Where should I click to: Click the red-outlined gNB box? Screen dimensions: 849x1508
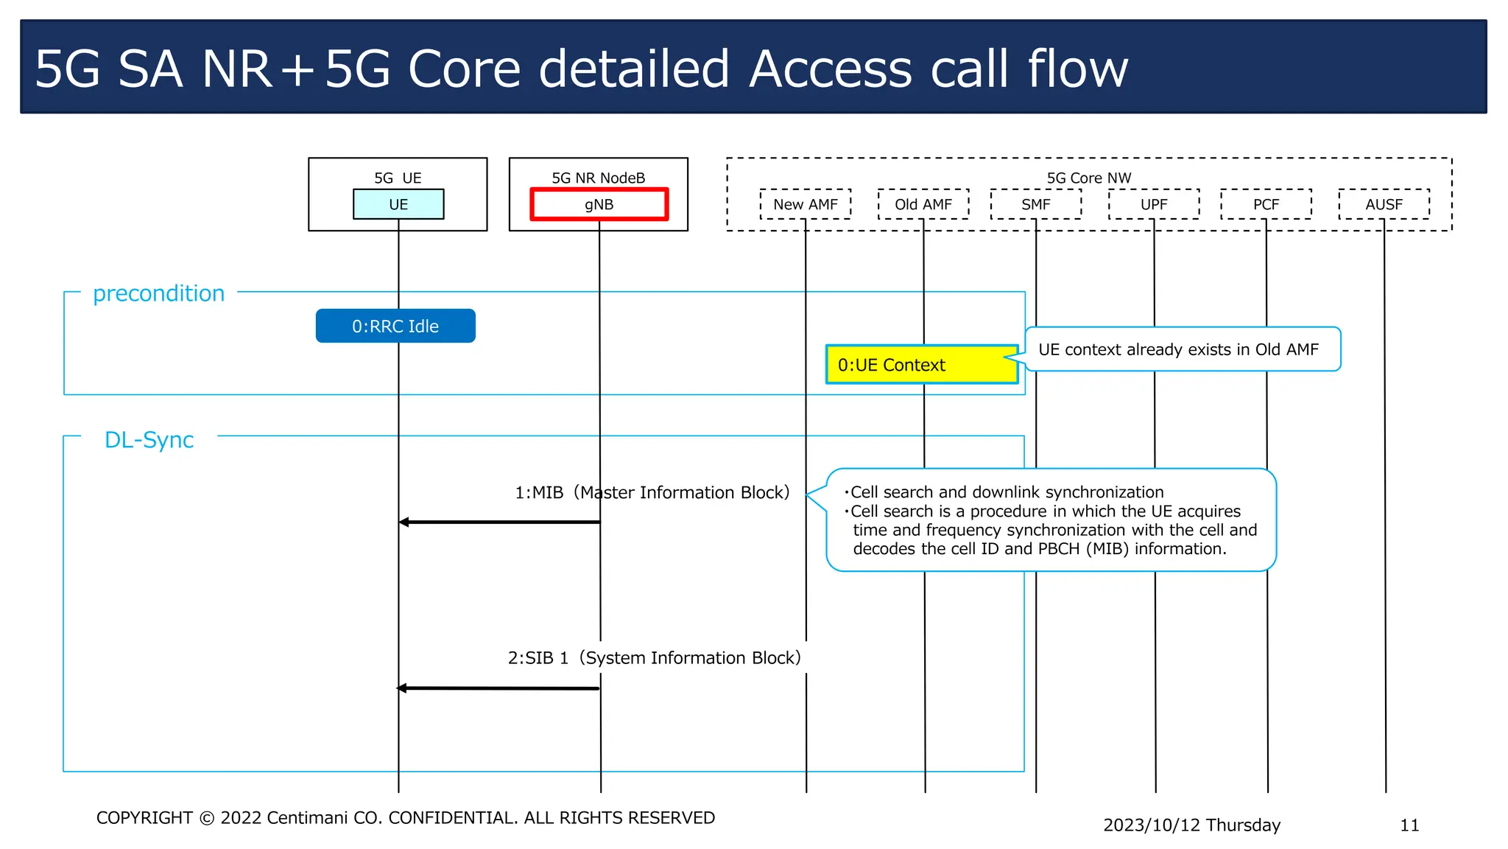pos(599,204)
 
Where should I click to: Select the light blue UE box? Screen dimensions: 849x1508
pos(398,204)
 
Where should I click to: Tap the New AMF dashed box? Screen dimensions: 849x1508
pos(805,204)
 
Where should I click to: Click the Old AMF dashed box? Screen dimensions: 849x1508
pos(923,204)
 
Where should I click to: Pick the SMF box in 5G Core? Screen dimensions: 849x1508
pos(1035,204)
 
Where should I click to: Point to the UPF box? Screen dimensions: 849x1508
pos(1153,204)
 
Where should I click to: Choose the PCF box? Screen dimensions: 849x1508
pos(1266,204)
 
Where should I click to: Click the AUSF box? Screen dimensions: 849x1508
pos(1384,204)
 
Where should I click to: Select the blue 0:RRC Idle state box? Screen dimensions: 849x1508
pos(395,326)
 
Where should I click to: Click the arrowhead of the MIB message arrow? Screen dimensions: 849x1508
pos(404,522)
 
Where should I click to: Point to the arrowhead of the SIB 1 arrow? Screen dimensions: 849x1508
pos(402,688)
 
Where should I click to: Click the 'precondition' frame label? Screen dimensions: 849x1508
pos(158,293)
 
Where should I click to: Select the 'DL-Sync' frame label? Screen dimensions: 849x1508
pos(149,440)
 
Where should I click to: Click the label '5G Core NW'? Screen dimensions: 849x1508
pos(1088,178)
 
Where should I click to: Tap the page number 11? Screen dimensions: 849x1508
pos(1409,825)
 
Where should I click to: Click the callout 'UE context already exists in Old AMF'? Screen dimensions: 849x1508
pos(1178,349)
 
